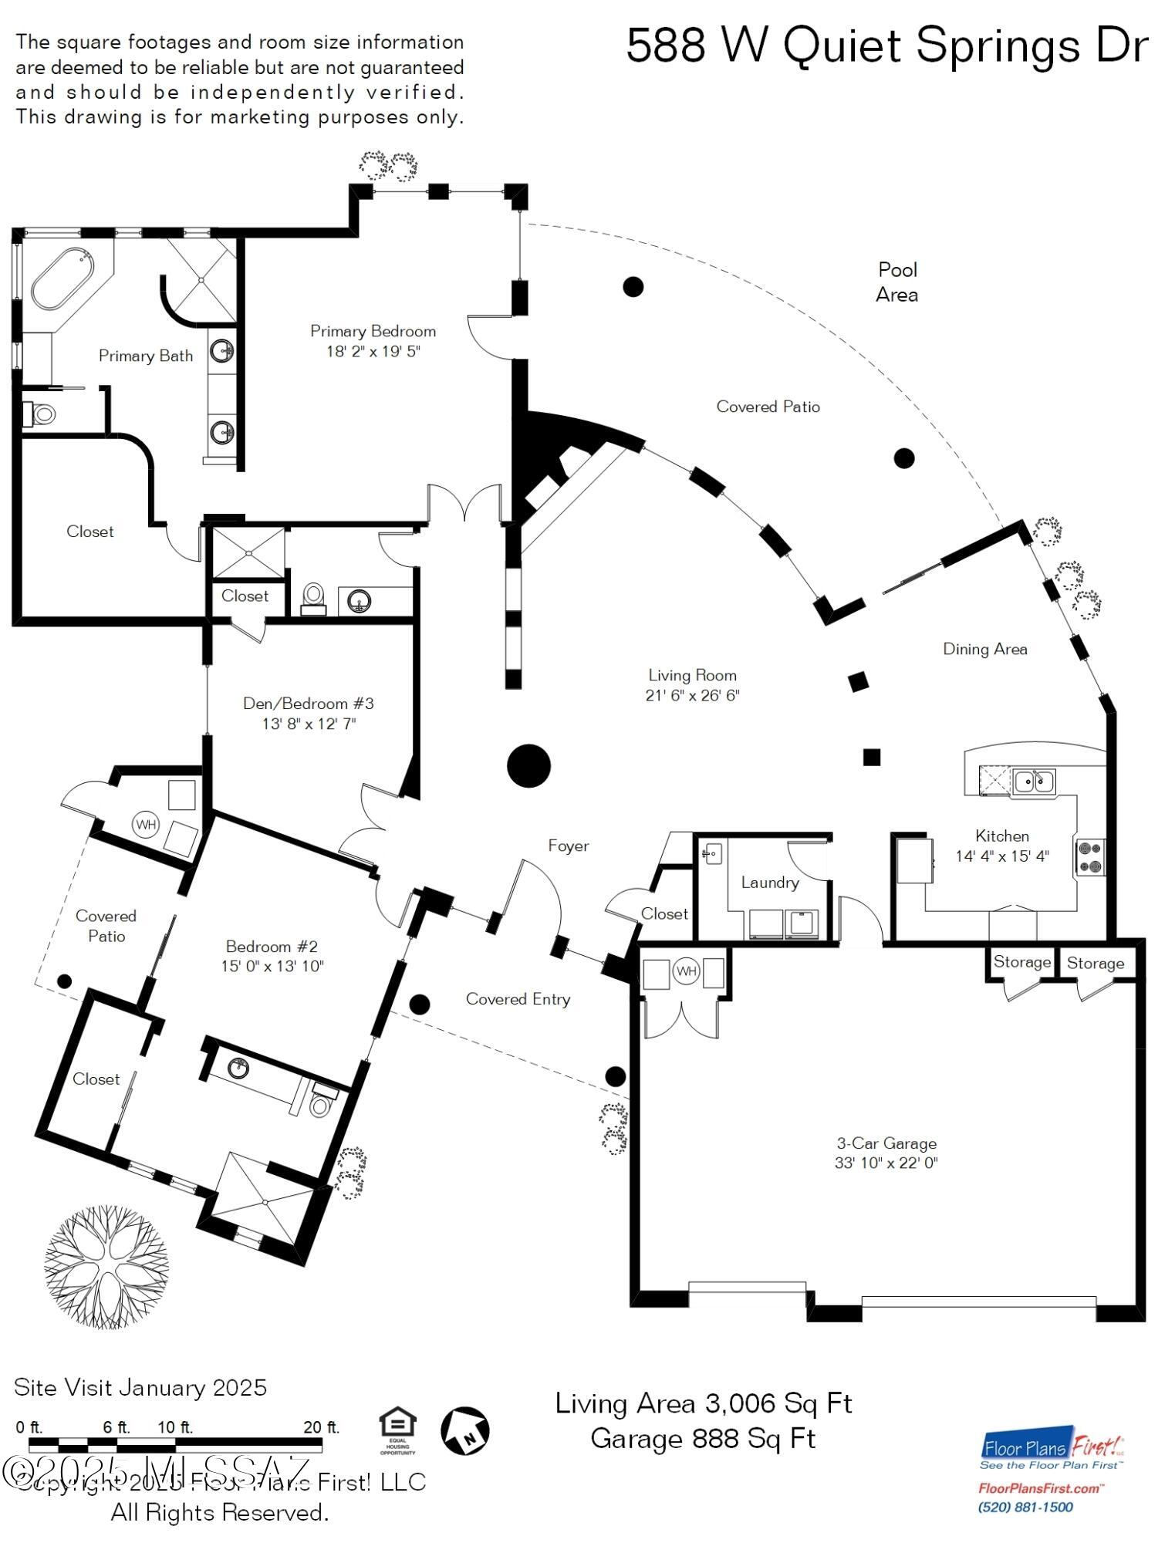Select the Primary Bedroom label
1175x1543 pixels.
373,332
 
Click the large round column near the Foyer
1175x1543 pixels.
528,765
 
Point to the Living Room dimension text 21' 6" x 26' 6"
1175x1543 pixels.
692,695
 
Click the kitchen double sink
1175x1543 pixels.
1034,782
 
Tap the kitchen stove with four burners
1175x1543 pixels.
1090,857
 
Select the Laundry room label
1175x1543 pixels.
769,883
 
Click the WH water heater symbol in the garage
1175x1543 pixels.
686,971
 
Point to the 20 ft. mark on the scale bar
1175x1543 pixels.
321,1427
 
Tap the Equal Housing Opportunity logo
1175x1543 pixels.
398,1431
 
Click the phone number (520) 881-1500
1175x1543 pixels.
1025,1508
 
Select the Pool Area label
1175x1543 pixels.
897,282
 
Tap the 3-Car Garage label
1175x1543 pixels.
886,1143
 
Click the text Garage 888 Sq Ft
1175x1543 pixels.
703,1439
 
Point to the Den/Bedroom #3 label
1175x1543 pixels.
308,704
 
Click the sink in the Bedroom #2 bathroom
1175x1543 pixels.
239,1068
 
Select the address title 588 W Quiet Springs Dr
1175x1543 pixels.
886,46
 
